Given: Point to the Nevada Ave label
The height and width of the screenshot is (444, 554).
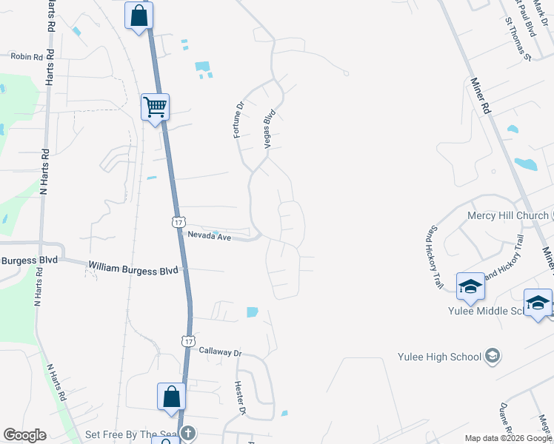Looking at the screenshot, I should (210, 238).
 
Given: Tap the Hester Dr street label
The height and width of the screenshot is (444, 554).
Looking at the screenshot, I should (240, 397).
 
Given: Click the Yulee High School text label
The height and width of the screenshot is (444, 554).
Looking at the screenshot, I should (439, 357).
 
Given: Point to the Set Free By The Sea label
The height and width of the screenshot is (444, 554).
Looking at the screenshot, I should (131, 434).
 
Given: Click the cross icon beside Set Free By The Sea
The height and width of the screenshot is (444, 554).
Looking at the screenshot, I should (188, 434).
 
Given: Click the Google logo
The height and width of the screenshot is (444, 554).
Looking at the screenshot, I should (24, 435).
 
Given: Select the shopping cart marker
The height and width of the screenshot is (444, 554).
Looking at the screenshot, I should (156, 107).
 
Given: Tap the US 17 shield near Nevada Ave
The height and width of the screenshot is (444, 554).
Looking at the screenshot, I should (178, 221).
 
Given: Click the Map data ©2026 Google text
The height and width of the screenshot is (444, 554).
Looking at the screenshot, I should (508, 438).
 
